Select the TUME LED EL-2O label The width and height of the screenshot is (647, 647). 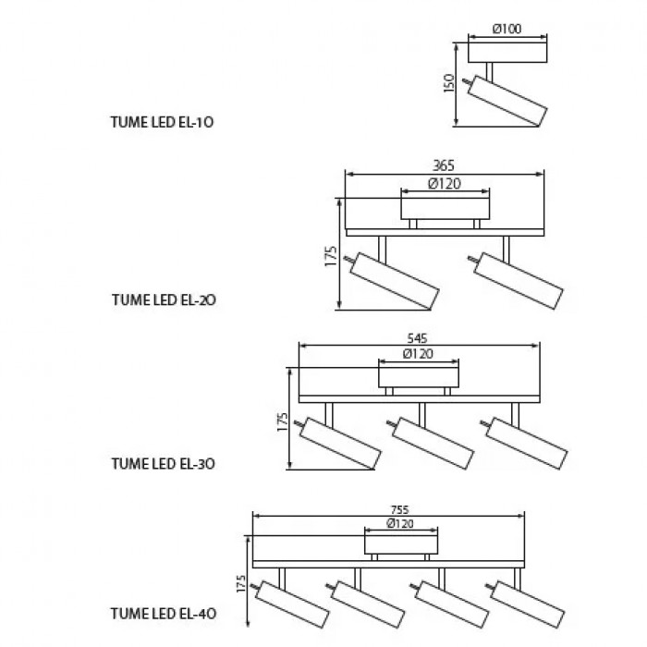pyautogui.click(x=165, y=299)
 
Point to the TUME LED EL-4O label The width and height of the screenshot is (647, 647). pyautogui.click(x=165, y=612)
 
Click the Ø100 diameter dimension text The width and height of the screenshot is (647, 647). pyautogui.click(x=507, y=29)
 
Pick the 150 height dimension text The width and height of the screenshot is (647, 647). pyautogui.click(x=449, y=83)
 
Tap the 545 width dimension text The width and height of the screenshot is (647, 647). pyautogui.click(x=418, y=337)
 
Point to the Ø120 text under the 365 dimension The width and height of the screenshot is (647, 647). pyautogui.click(x=446, y=183)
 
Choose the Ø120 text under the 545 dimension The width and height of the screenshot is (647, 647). pyautogui.click(x=419, y=354)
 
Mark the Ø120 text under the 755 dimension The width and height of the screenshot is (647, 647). pyautogui.click(x=399, y=523)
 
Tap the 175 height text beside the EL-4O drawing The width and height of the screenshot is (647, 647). pyautogui.click(x=241, y=584)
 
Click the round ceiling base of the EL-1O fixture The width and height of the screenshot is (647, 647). pyautogui.click(x=507, y=50)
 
